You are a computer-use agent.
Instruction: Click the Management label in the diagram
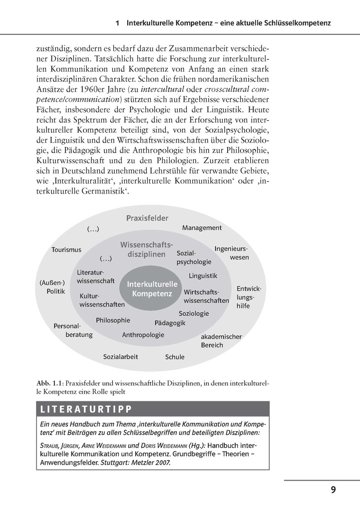[202, 228]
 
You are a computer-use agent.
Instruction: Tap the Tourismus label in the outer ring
[66, 250]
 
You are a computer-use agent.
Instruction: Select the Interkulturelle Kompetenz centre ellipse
[152, 289]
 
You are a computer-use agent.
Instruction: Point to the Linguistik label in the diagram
[203, 275]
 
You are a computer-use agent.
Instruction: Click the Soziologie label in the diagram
[194, 313]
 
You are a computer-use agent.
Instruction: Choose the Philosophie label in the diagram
[113, 320]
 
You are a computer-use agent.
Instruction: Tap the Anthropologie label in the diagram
[143, 334]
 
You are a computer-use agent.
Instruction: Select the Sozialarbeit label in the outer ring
[120, 356]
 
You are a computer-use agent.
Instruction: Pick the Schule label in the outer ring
[175, 357]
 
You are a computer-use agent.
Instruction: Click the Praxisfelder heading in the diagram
[147, 218]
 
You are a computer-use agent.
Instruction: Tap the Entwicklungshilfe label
[249, 297]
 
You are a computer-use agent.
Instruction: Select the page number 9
[333, 490]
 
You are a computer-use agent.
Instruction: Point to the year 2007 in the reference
[160, 463]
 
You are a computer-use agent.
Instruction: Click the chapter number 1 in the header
[117, 23]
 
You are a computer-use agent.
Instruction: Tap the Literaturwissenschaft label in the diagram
[96, 276]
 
